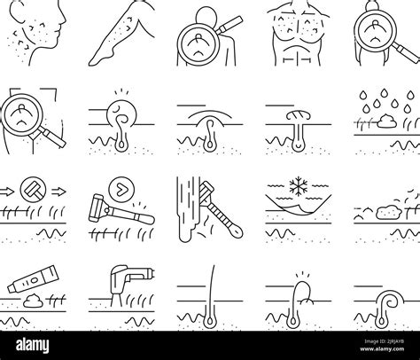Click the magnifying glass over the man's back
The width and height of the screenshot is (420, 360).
click(x=206, y=37)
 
